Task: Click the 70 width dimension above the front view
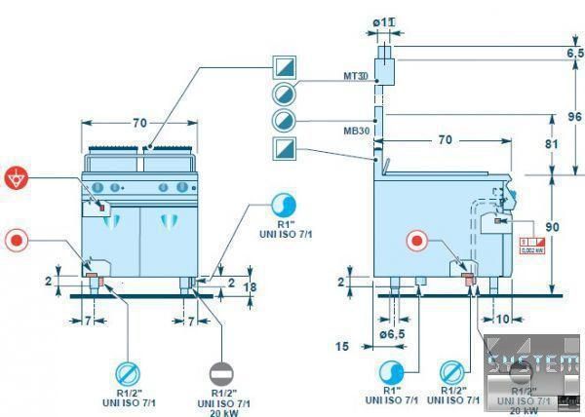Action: click(139, 123)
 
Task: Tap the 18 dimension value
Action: click(249, 288)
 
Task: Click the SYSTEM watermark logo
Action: click(532, 366)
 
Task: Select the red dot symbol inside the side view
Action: click(417, 242)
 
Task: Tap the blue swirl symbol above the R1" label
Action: click(286, 205)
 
